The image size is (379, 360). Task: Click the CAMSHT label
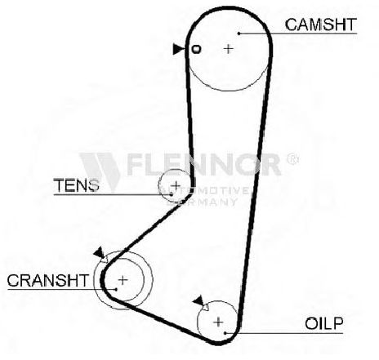pos(321,24)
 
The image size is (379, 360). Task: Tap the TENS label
pos(77,185)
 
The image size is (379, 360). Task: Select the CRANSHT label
pos(48,280)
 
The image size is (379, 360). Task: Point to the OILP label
pos(324,323)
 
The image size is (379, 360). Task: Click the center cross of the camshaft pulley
pos(229,49)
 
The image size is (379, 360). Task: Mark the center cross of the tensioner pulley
pos(176,185)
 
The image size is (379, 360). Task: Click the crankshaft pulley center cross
pos(123,280)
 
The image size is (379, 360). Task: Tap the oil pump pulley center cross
pos(218,322)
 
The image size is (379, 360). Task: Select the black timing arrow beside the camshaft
pos(178,49)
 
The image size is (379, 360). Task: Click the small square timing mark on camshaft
pos(197,49)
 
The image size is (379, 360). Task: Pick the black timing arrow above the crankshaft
pos(99,252)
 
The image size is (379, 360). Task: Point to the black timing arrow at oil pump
pos(198,300)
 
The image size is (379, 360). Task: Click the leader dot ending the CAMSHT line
pos(239,33)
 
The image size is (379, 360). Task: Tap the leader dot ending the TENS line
pos(172,194)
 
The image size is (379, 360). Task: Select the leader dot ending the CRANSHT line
pos(116,289)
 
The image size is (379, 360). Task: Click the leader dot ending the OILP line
pos(225,333)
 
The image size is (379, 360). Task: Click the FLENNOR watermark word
pos(204,164)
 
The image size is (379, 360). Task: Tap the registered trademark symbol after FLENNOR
pos(292,159)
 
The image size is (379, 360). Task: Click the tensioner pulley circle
pos(158,185)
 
